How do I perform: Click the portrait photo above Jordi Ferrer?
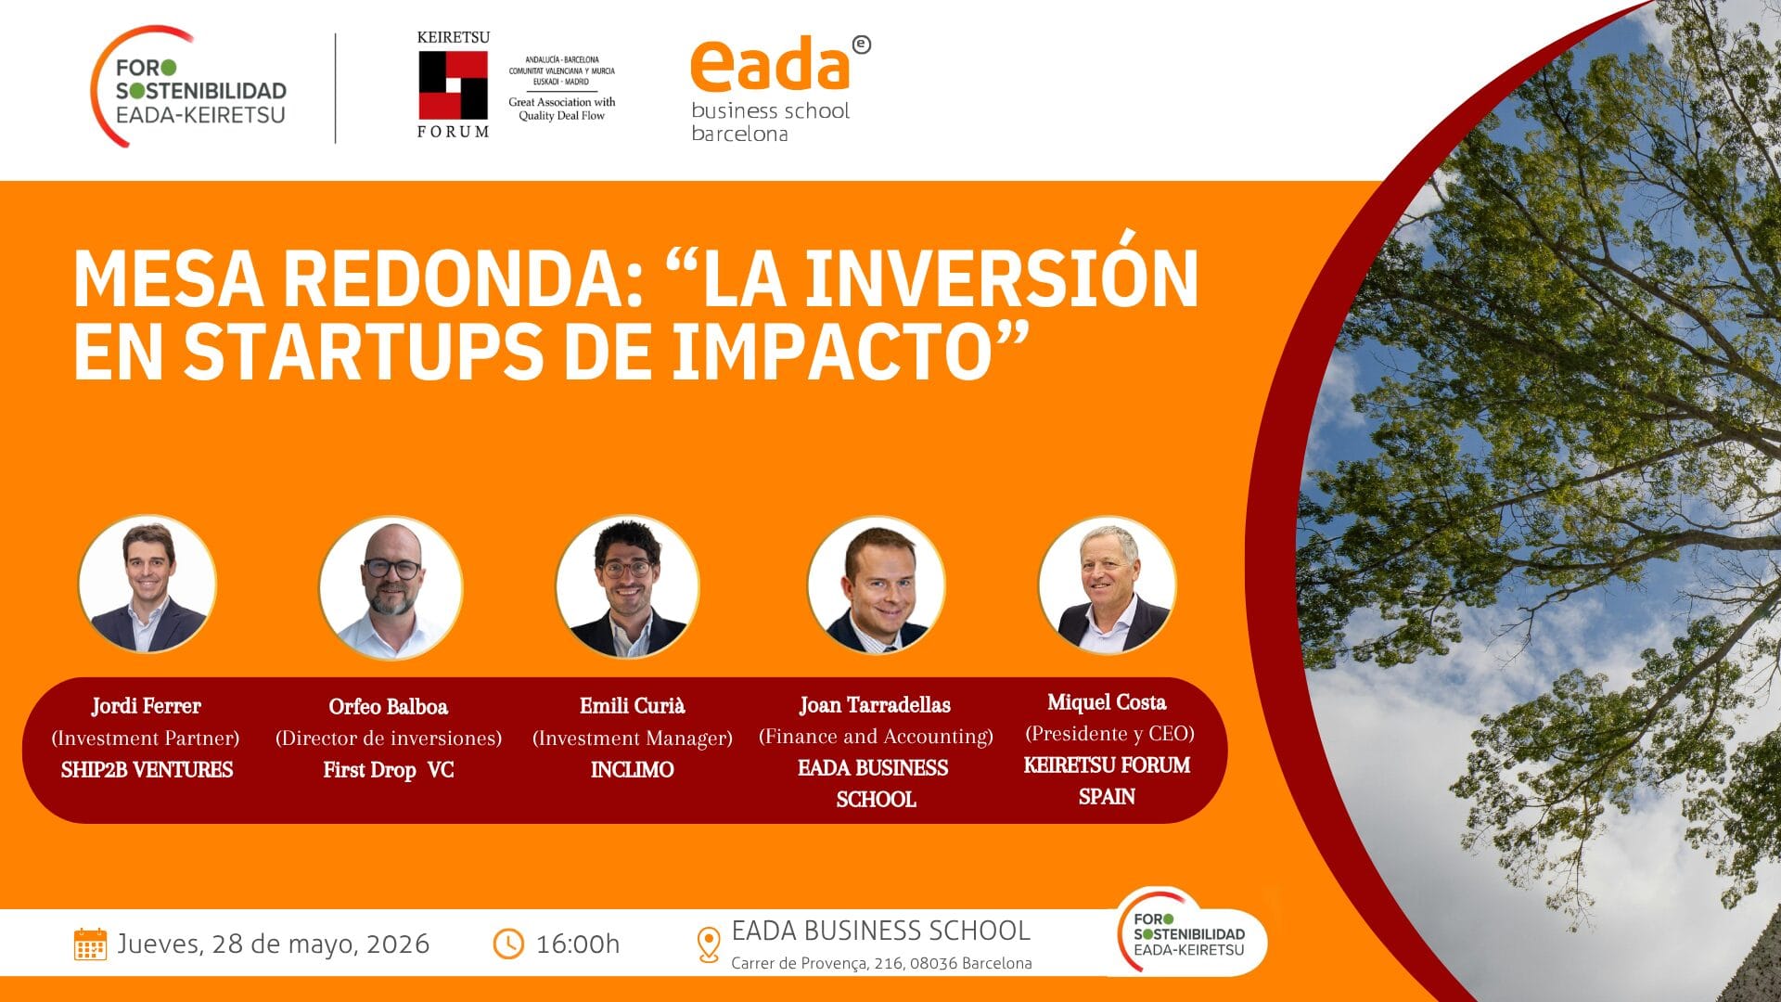[147, 584]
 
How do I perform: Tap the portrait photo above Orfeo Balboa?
[391, 588]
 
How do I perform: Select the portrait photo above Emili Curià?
[628, 586]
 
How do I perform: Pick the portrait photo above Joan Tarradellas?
[877, 585]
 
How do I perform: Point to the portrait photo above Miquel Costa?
[1108, 585]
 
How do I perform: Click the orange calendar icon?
[90, 944]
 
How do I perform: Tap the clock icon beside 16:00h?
[508, 944]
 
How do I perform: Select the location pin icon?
[709, 944]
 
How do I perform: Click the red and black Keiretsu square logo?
[454, 84]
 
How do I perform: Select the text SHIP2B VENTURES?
[147, 769]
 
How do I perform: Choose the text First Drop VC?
[389, 770]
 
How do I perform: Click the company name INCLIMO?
[633, 769]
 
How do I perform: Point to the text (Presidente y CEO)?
[1109, 734]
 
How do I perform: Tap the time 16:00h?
[578, 944]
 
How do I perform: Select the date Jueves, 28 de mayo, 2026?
[274, 944]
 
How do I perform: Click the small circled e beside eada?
[862, 45]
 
